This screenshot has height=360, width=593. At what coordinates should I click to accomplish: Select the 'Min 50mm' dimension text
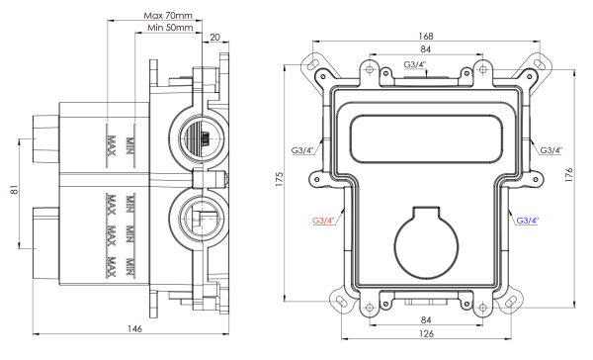click(170, 30)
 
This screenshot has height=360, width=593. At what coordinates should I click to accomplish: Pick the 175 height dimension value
click(280, 179)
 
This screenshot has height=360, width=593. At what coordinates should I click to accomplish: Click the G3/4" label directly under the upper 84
click(416, 65)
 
